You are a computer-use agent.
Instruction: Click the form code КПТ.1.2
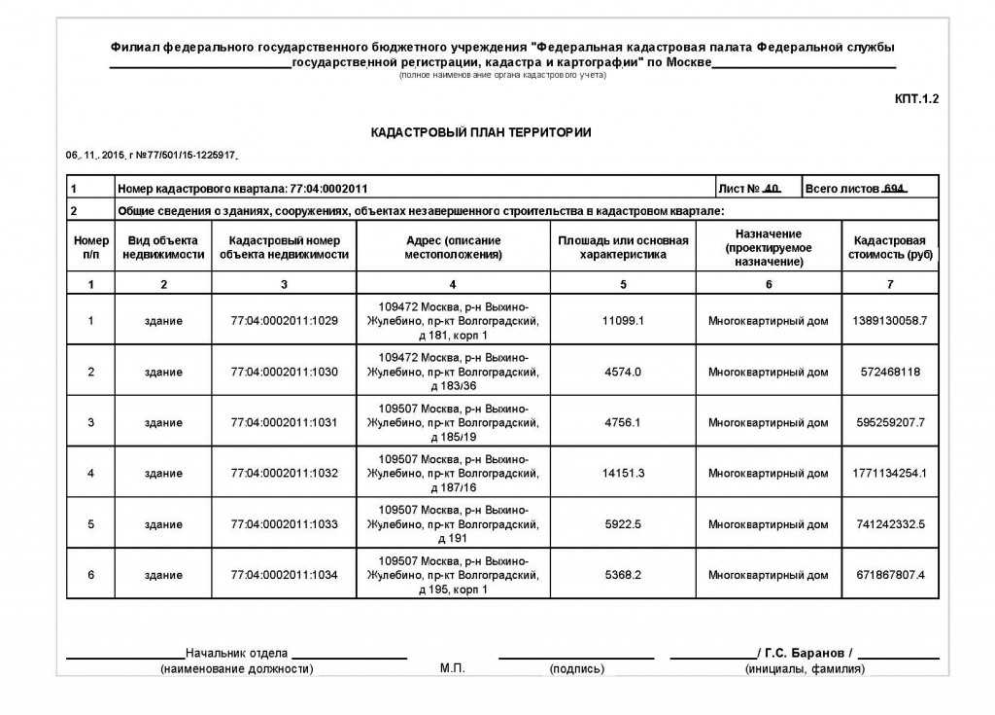tap(916, 98)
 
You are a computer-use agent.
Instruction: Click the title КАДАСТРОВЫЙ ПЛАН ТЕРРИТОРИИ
tap(481, 132)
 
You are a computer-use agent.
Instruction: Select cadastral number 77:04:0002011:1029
tap(284, 321)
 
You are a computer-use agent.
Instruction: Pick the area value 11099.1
tap(623, 321)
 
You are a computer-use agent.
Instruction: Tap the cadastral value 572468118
tap(890, 372)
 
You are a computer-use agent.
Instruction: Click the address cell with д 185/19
tap(453, 422)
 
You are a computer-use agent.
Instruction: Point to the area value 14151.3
tap(623, 473)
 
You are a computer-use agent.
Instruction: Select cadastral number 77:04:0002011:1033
tap(284, 524)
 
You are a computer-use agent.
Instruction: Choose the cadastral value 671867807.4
tap(890, 575)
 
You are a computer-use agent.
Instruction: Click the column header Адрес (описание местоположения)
tap(453, 247)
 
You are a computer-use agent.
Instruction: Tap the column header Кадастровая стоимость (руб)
tap(890, 247)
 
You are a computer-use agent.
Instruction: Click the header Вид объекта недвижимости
tap(163, 247)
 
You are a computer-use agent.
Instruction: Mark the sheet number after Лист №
tap(772, 188)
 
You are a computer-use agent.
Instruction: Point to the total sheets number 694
tap(893, 188)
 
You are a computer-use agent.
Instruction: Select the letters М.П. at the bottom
tap(453, 669)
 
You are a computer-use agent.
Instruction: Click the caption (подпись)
tap(576, 669)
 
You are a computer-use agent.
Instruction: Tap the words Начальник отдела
tap(236, 652)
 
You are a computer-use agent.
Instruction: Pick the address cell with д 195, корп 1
tap(453, 575)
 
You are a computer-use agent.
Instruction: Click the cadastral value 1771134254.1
tap(890, 473)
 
